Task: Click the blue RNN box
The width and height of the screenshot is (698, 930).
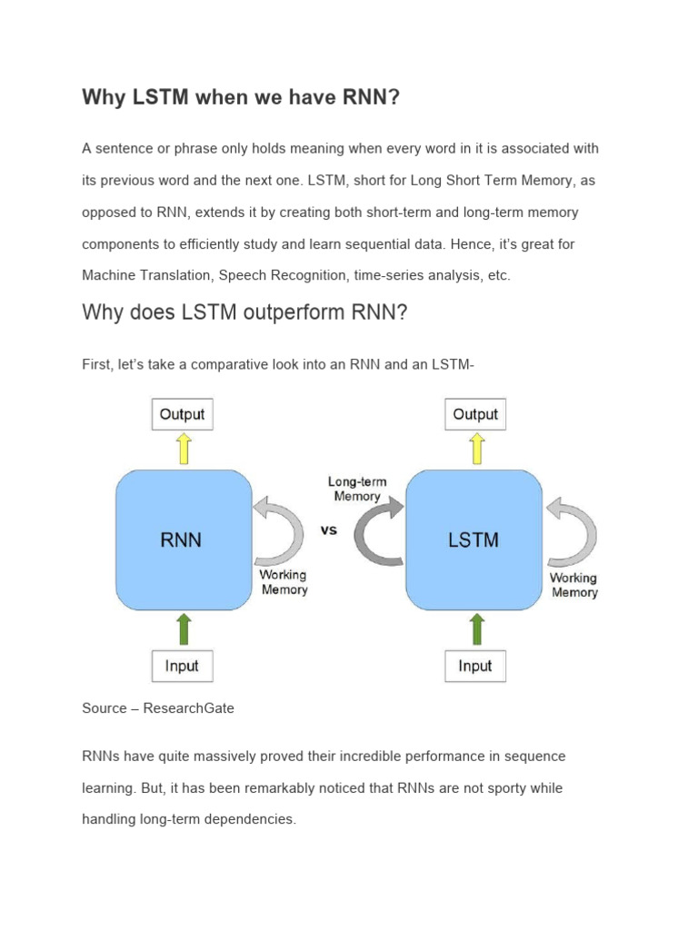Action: [183, 539]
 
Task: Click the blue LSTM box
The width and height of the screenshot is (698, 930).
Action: [474, 539]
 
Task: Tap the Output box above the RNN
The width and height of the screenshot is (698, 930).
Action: [182, 414]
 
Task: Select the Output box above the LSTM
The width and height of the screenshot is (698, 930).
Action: [475, 414]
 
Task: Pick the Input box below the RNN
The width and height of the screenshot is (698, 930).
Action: [182, 666]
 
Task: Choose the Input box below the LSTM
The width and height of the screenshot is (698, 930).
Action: [474, 666]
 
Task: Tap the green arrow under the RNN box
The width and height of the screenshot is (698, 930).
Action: [183, 629]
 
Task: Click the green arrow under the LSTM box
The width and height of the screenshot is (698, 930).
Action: [474, 629]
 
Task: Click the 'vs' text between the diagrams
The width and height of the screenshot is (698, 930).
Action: [329, 529]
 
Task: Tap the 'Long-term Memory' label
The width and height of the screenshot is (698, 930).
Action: [357, 490]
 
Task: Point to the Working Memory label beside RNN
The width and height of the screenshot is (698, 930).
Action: [284, 582]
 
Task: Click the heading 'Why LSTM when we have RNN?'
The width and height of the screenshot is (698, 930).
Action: [241, 97]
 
